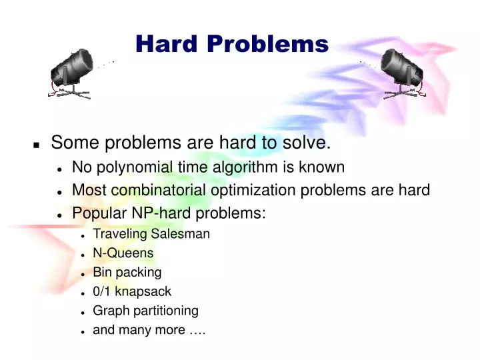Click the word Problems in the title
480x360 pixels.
click(x=267, y=44)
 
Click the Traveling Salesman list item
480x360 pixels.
click(x=151, y=234)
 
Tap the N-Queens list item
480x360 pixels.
click(x=123, y=253)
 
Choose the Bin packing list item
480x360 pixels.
click(x=127, y=273)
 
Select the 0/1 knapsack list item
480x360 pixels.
click(x=132, y=292)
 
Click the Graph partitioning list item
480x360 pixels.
click(x=145, y=311)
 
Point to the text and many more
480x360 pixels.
click(x=149, y=330)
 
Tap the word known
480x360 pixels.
click(x=323, y=167)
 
